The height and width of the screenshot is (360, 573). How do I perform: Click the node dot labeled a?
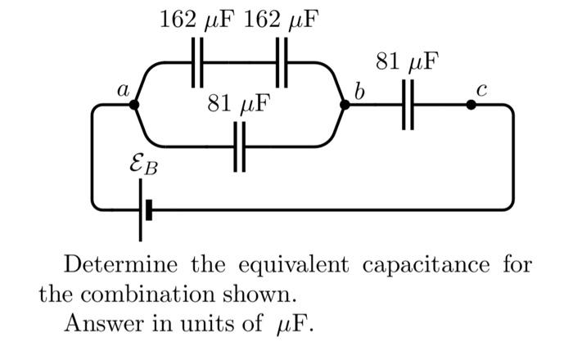(134, 105)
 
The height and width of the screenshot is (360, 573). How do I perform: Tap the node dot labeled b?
(345, 105)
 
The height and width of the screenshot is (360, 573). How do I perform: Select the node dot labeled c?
(471, 105)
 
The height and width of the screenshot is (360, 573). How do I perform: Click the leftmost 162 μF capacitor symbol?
(196, 63)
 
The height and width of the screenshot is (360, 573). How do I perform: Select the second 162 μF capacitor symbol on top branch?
(282, 63)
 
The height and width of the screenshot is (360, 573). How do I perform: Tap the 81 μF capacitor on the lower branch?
(239, 147)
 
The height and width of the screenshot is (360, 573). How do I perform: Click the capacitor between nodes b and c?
(408, 105)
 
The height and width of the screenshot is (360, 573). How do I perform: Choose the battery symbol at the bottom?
(143, 210)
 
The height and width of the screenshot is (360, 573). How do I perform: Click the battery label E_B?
(144, 167)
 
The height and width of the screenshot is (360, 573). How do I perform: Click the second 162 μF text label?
(281, 19)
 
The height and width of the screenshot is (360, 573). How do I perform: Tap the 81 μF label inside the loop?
(238, 105)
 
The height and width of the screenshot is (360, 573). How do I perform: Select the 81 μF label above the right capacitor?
(407, 61)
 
